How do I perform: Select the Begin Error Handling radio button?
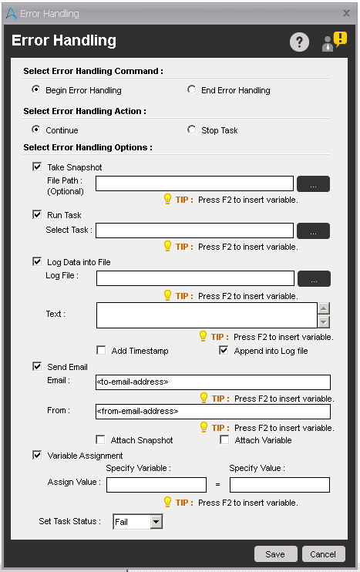(36, 89)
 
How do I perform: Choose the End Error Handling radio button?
(192, 89)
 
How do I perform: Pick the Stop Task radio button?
(192, 130)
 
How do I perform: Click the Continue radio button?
(36, 130)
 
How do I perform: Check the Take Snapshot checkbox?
(37, 167)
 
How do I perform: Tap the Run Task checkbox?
(37, 214)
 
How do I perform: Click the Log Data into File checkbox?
(37, 261)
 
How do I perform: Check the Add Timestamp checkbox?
(101, 350)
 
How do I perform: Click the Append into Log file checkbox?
(224, 350)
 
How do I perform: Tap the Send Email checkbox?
(37, 367)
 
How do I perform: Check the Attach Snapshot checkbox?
(101, 439)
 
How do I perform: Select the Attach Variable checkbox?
(224, 439)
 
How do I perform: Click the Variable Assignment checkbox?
(37, 455)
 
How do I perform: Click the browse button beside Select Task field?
(313, 230)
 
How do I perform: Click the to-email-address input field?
(213, 382)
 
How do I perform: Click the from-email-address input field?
(213, 412)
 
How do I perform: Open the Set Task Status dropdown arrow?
(156, 522)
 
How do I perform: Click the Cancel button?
(323, 553)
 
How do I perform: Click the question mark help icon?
(299, 42)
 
